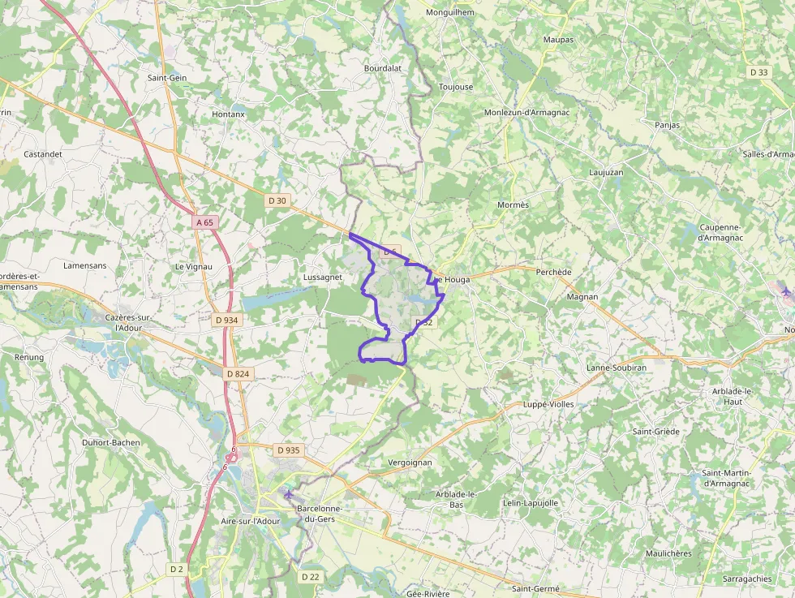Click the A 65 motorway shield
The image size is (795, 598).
point(204,222)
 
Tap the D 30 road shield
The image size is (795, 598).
point(277,200)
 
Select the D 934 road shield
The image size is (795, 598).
point(227,320)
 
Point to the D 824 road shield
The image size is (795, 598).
point(238,373)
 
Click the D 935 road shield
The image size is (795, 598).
point(288,450)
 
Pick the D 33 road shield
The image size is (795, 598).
point(758,72)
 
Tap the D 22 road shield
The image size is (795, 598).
point(310,576)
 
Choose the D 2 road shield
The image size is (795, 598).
point(177,569)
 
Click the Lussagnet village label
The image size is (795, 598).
point(322,277)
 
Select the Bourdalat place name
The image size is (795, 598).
point(383,69)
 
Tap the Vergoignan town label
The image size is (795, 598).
point(410,462)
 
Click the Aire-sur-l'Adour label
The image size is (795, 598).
point(251,521)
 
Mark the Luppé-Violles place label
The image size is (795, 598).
point(549,403)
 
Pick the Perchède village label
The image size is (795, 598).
point(554,272)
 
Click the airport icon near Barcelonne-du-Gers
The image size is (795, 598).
point(288,494)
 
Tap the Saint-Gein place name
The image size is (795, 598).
point(167,78)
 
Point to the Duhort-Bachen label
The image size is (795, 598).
point(111,442)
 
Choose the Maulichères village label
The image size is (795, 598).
point(668,553)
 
